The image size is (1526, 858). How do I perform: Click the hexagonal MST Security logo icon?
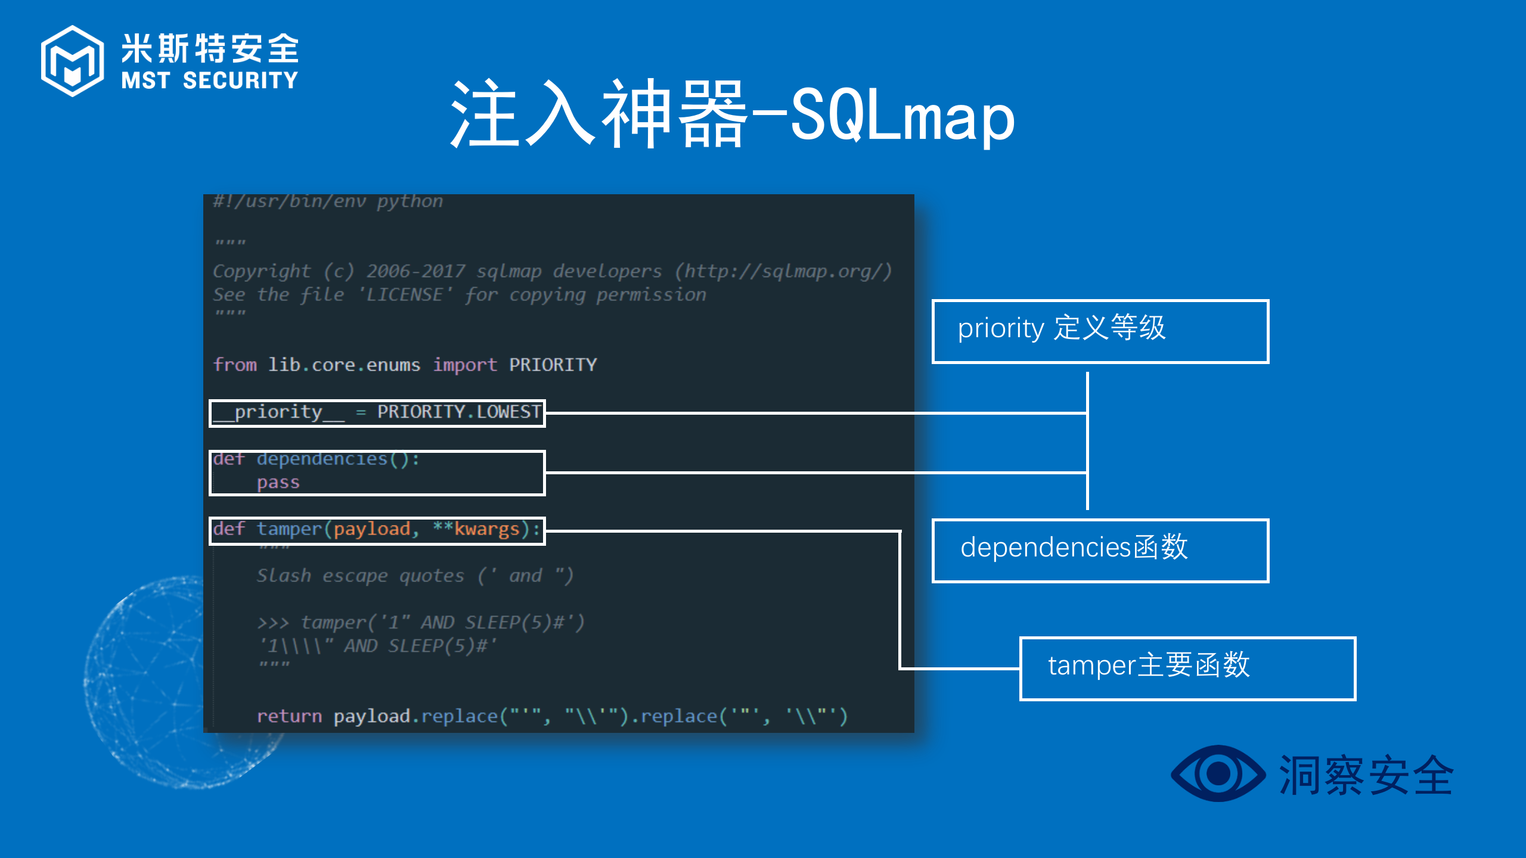click(72, 61)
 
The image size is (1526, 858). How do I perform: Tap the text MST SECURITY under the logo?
click(209, 80)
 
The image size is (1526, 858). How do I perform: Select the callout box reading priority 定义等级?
click(1100, 331)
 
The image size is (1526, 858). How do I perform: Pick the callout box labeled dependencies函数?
click(1100, 551)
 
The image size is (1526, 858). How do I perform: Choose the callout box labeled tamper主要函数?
click(1187, 669)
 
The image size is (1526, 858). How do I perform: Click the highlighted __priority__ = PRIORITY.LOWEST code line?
click(377, 413)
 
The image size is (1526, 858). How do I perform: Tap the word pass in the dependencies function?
click(278, 483)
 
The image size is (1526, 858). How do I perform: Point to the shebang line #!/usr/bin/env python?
click(328, 201)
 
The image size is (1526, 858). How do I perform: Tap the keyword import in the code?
click(465, 365)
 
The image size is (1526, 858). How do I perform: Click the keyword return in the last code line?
click(289, 716)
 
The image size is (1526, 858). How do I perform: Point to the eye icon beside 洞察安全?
click(1218, 773)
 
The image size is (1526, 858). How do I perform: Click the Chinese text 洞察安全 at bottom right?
click(1366, 775)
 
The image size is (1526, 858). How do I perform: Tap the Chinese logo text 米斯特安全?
click(210, 48)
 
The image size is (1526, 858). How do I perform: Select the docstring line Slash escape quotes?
click(360, 576)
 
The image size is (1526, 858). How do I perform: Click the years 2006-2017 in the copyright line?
click(415, 272)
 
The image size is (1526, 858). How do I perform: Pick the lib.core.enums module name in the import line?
click(344, 365)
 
